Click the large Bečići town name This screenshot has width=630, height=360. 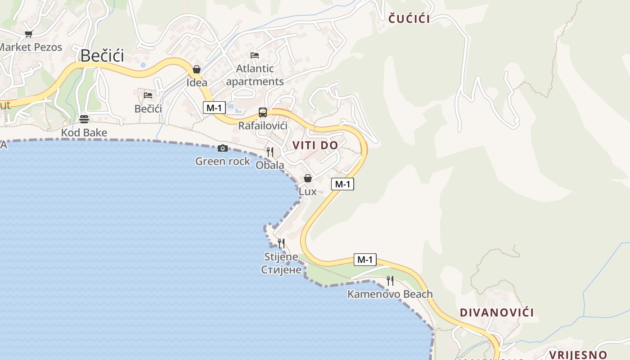click(x=102, y=56)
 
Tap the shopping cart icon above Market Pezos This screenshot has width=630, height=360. click(x=29, y=34)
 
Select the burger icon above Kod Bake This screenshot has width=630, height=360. click(x=84, y=119)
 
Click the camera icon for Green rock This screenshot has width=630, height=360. click(x=222, y=148)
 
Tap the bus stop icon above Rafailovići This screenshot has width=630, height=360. click(x=263, y=112)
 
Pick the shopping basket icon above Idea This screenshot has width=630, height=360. click(x=197, y=69)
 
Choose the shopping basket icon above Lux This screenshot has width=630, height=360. click(x=308, y=178)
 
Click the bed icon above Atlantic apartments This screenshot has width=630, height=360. click(x=255, y=55)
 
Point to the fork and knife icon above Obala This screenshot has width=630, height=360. click(x=270, y=152)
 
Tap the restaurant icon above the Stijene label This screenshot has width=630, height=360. click(x=281, y=244)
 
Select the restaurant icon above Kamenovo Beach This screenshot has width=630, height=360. click(x=390, y=281)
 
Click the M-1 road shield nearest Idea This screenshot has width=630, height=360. click(x=214, y=108)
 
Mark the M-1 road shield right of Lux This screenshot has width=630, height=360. click(x=342, y=184)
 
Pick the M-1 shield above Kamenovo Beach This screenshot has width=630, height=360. click(x=365, y=260)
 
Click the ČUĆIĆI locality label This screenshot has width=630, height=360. click(x=409, y=19)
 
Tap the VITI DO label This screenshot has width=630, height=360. click(x=315, y=145)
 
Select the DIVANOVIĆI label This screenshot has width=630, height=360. click(x=497, y=312)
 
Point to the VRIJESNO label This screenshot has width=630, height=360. click(x=578, y=355)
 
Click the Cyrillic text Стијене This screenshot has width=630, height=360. click(x=281, y=270)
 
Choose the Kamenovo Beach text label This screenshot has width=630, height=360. click(x=390, y=294)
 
